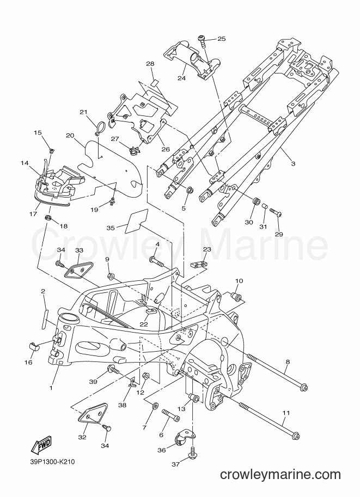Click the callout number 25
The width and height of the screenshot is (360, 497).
click(222, 39)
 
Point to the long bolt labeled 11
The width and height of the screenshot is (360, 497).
click(269, 420)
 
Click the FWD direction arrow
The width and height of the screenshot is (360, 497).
click(41, 445)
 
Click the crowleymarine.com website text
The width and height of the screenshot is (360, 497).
click(280, 475)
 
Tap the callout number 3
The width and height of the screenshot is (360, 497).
click(293, 163)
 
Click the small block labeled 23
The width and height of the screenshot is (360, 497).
click(199, 264)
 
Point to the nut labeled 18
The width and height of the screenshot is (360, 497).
click(47, 218)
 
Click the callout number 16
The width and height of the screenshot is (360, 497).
click(28, 363)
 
